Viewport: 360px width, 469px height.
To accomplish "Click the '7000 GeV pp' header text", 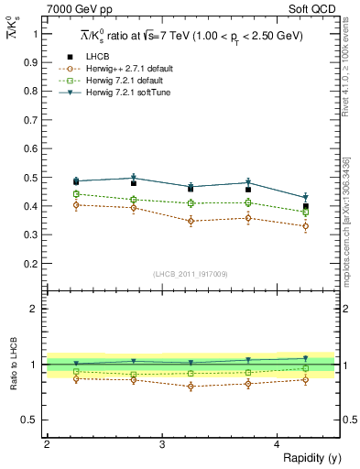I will click(75, 10).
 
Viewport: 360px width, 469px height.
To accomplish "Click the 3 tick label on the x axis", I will click(162, 444).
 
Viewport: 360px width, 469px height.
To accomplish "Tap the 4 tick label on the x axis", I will click(278, 444).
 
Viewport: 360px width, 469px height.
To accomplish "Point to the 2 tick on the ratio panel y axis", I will click(38, 309).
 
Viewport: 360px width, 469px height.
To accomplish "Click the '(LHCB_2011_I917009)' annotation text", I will click(191, 274).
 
